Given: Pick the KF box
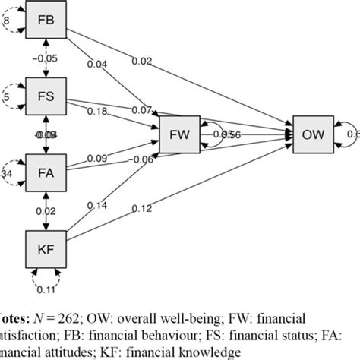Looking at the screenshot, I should coord(48,249).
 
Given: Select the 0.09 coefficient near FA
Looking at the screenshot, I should coord(96,158).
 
